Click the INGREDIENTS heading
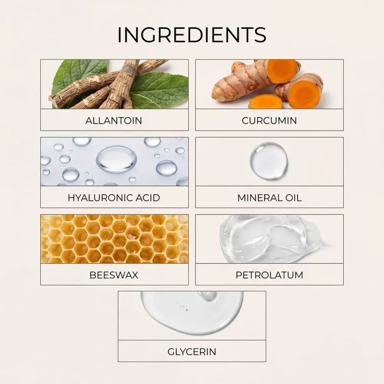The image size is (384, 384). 192,35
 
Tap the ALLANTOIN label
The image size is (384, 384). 114,120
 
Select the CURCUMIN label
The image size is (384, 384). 269,120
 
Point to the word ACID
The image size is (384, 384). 147,198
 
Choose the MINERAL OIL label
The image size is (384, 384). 269,198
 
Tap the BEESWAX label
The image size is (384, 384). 114,275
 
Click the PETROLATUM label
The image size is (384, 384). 269,275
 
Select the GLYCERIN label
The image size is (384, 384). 192,352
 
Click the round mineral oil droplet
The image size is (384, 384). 269,161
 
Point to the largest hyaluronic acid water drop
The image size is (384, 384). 117,159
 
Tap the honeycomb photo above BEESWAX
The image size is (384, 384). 114,239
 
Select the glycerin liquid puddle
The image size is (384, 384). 192,312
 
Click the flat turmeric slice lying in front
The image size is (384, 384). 266,101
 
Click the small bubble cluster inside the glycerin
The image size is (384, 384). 183,307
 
